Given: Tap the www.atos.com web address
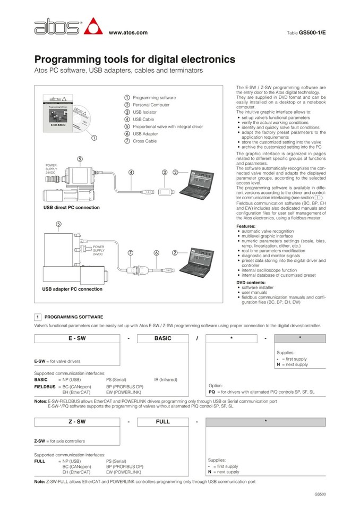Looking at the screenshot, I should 127,33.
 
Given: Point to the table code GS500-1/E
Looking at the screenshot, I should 312,32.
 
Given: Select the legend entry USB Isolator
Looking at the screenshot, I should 144,112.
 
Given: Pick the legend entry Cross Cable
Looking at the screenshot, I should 144,141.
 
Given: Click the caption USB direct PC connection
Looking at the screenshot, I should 71,207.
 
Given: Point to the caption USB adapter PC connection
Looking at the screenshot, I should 72,289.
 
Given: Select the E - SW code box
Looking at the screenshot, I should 77,338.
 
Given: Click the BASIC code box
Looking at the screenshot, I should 162,338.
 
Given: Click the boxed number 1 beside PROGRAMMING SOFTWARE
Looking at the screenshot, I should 38,317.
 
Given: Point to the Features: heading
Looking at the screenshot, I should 245,226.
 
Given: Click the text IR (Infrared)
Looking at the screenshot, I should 166,380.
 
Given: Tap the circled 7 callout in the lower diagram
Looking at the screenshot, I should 130,253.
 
